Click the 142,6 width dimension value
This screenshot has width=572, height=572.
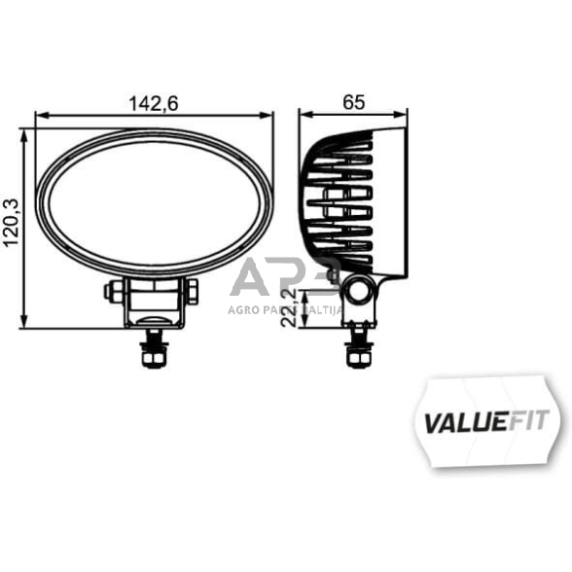coord(153,101)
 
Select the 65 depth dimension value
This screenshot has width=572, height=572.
coord(354,101)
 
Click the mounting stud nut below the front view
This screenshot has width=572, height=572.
coord(153,358)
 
